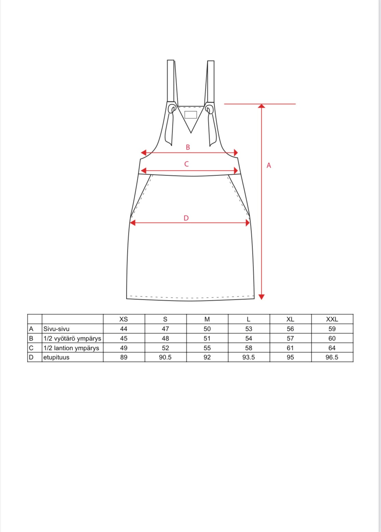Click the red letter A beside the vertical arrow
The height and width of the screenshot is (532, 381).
(269, 166)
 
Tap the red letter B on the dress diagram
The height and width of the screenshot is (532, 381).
(188, 147)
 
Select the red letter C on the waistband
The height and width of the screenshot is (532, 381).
(187, 164)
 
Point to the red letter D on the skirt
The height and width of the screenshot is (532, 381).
(186, 218)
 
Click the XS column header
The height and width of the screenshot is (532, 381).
(124, 319)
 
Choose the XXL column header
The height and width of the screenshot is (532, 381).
(332, 319)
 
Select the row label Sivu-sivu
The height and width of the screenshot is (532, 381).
(56, 329)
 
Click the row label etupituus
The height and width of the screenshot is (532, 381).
(56, 357)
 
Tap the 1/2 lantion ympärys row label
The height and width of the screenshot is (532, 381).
(71, 348)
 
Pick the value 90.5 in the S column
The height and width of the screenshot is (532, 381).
(165, 357)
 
